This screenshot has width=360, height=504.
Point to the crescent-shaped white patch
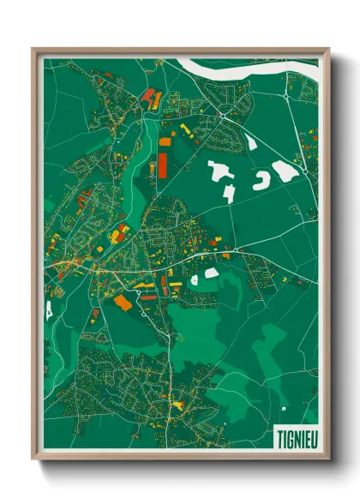(x=261, y=179)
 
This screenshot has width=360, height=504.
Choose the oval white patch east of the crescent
(x=286, y=171)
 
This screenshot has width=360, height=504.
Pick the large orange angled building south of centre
(x=123, y=302)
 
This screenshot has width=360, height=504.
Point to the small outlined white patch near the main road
(x=195, y=279)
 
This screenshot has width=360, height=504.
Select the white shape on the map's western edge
(x=49, y=307)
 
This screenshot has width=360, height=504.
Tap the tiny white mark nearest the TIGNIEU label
(x=282, y=409)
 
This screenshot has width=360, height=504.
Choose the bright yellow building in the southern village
(x=178, y=404)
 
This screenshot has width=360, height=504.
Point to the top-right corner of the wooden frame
(x=329, y=49)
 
